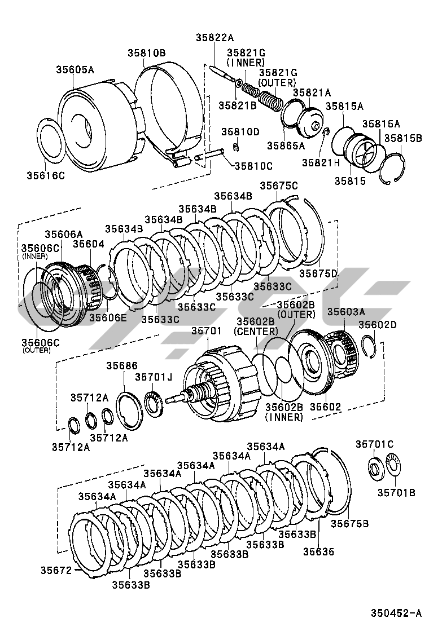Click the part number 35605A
(75, 70)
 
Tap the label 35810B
(146, 53)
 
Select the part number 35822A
(214, 38)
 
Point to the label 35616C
(46, 175)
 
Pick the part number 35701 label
(207, 331)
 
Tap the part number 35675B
(349, 523)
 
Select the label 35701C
(374, 444)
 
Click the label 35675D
(318, 273)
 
